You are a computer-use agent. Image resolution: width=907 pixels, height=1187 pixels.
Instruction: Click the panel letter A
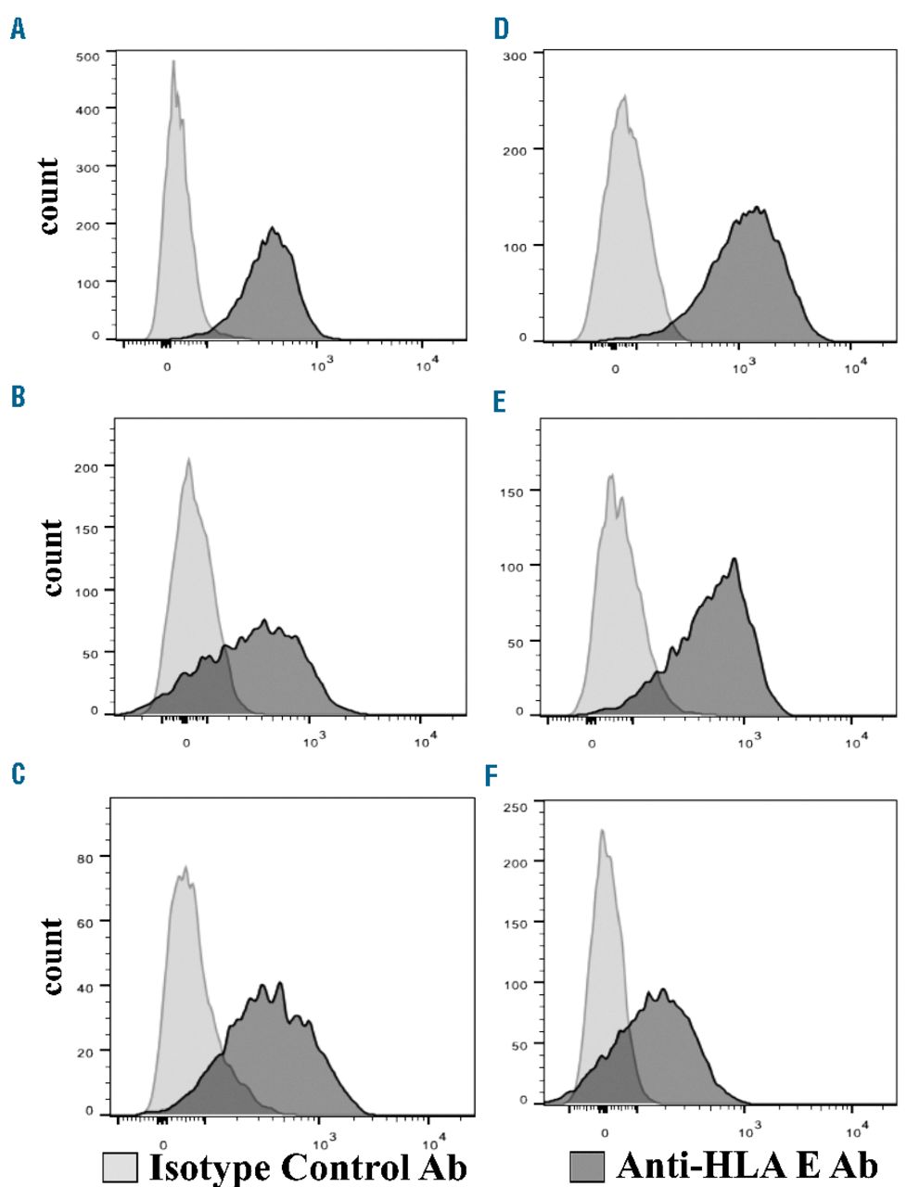tap(18, 32)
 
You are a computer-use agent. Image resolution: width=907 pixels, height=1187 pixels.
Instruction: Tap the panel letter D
tap(502, 30)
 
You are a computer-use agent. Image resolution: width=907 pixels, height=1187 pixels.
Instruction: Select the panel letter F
tap(492, 775)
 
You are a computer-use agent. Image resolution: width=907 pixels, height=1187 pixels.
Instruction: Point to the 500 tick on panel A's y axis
tap(89, 57)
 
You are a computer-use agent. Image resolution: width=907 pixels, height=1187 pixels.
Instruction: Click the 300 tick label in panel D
tap(515, 56)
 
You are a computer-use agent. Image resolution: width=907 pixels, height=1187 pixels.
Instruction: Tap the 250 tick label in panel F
tap(516, 808)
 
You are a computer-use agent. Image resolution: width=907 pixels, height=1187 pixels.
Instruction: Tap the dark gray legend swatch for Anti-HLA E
tap(586, 1167)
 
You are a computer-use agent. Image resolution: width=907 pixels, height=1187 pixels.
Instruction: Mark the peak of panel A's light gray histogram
tap(173, 63)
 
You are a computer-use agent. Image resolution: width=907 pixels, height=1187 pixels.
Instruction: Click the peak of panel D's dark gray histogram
tap(758, 208)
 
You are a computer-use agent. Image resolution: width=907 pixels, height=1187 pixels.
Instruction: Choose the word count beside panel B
tap(52, 557)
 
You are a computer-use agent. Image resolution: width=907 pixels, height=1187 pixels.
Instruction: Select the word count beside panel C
tap(52, 955)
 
